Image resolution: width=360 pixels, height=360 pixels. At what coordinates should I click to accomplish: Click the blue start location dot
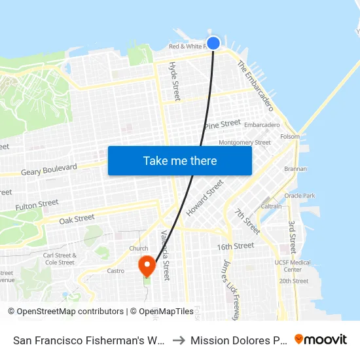point(213,43)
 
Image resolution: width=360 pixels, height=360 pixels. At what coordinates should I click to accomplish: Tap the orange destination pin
point(147,265)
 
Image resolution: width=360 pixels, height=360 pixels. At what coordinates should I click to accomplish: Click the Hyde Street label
point(174,82)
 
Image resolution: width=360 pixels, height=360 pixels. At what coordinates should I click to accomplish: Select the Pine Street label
point(223,124)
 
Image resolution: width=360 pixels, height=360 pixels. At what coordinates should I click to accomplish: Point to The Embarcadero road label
point(255,85)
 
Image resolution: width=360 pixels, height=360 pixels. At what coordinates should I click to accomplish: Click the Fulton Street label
point(37,205)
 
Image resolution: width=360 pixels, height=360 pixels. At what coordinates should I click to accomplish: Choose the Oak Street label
point(77,219)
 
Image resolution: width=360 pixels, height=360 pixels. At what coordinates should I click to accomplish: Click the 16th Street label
point(236,246)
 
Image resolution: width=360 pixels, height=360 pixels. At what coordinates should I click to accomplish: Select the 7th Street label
point(248,222)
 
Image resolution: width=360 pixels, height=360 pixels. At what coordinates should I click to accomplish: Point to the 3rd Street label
point(292,236)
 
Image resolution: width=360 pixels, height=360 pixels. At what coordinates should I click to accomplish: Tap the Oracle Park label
point(300,195)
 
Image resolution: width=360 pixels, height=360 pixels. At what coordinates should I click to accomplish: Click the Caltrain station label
point(271,206)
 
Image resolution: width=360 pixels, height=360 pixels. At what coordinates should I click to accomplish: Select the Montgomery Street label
point(244,142)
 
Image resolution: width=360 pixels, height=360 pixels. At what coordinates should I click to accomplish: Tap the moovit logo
point(321,339)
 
